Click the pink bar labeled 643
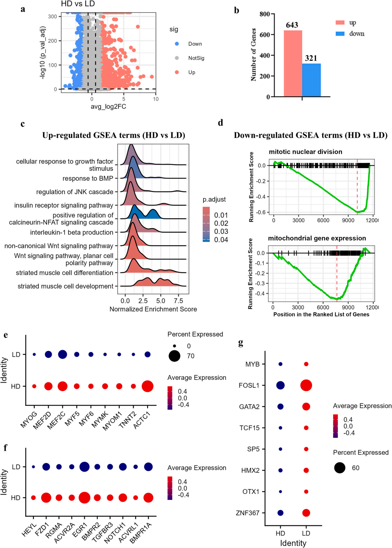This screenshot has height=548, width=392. click(x=293, y=63)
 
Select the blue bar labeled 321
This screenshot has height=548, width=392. click(x=311, y=80)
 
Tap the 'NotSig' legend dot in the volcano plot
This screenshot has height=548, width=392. click(x=177, y=58)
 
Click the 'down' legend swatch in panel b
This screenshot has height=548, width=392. click(x=340, y=33)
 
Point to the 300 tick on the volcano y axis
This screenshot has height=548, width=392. click(x=53, y=16)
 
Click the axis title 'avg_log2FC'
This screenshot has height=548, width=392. click(x=108, y=107)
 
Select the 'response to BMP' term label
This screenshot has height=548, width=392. click(x=88, y=179)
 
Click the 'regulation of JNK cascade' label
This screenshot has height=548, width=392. click(x=75, y=192)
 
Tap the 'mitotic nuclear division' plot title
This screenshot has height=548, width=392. click(x=305, y=152)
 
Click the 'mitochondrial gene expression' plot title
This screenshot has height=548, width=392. click(x=317, y=238)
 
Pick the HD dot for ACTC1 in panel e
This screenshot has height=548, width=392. click(x=148, y=386)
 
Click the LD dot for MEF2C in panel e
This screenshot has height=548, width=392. click(x=62, y=354)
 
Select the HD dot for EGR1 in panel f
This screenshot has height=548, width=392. click(x=84, y=498)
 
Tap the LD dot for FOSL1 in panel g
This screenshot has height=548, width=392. click(x=306, y=385)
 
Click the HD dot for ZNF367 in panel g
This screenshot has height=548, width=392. click(x=280, y=513)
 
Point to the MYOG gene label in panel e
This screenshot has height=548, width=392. click(x=29, y=420)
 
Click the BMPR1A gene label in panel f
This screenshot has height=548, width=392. click(x=141, y=533)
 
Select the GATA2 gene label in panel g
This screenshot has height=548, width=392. click(x=249, y=407)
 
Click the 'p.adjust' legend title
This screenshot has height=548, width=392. click(x=214, y=200)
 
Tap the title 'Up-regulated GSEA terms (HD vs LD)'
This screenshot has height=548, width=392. click(x=114, y=135)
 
